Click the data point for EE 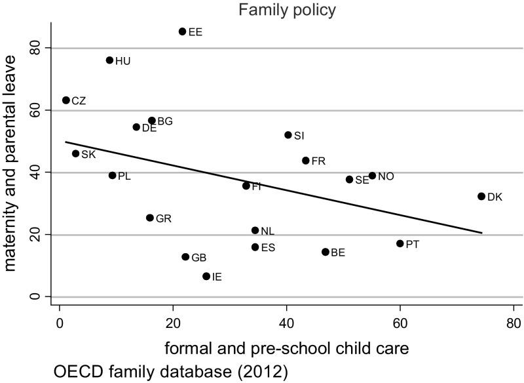click(182, 31)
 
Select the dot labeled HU click(109, 60)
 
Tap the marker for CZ click(65, 100)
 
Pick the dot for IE click(206, 276)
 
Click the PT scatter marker click(400, 243)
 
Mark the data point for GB click(185, 257)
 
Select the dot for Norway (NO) click(372, 176)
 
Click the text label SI click(299, 136)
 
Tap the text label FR click(318, 161)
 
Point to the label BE click(338, 252)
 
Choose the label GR click(163, 218)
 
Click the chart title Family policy click(287, 10)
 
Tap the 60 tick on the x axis click(400, 323)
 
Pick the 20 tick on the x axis click(173, 323)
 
